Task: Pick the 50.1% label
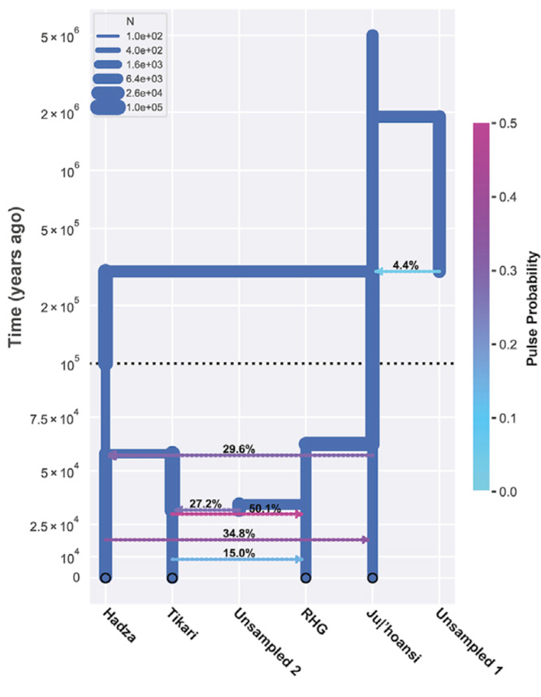click(265, 509)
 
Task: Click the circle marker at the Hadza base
click(105, 578)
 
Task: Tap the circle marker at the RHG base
click(305, 578)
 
